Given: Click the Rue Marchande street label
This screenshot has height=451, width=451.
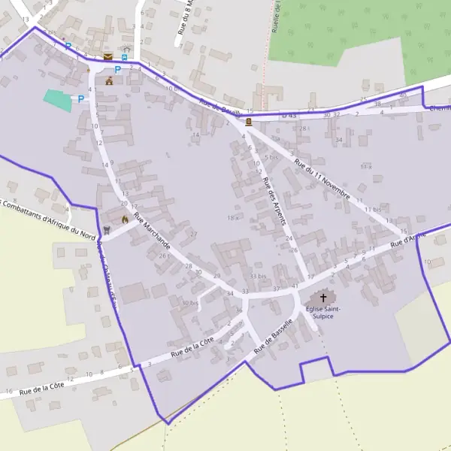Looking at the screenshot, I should tap(152, 233).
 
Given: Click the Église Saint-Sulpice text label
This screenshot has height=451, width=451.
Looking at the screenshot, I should tap(323, 312).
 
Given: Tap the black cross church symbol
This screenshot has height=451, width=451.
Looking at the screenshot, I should tap(323, 298).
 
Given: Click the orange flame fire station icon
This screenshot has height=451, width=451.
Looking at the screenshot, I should tap(125, 219).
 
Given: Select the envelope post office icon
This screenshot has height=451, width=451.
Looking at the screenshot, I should tap(109, 56).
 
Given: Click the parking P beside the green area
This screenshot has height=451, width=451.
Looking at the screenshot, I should tap(80, 98).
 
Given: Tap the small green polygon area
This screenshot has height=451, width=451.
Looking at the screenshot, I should tap(58, 100).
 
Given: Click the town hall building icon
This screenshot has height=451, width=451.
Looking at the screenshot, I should tap(110, 81).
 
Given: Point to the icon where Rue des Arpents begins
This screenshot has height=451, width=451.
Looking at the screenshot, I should tap(249, 121).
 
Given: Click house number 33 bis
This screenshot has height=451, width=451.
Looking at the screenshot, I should tap(259, 277).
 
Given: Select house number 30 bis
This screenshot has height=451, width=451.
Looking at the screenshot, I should tap(189, 303).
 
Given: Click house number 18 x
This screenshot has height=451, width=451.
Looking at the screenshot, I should tap(232, 217).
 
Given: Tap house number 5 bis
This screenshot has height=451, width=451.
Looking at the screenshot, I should tap(271, 158).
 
